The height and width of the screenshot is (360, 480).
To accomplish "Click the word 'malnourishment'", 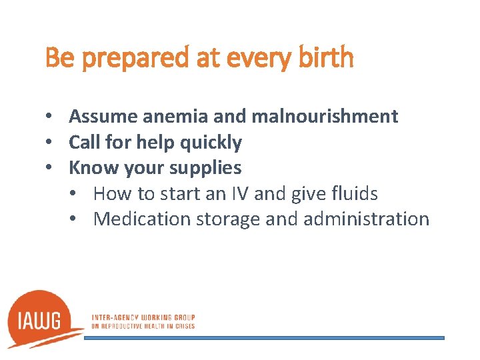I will [x=325, y=117].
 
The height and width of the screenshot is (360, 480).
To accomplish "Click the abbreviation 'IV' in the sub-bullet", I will [x=241, y=194].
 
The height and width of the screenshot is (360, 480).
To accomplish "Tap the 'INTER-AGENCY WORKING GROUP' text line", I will [x=143, y=317].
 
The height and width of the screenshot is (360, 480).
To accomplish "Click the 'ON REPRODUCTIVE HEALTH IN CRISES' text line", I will [x=143, y=326].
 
